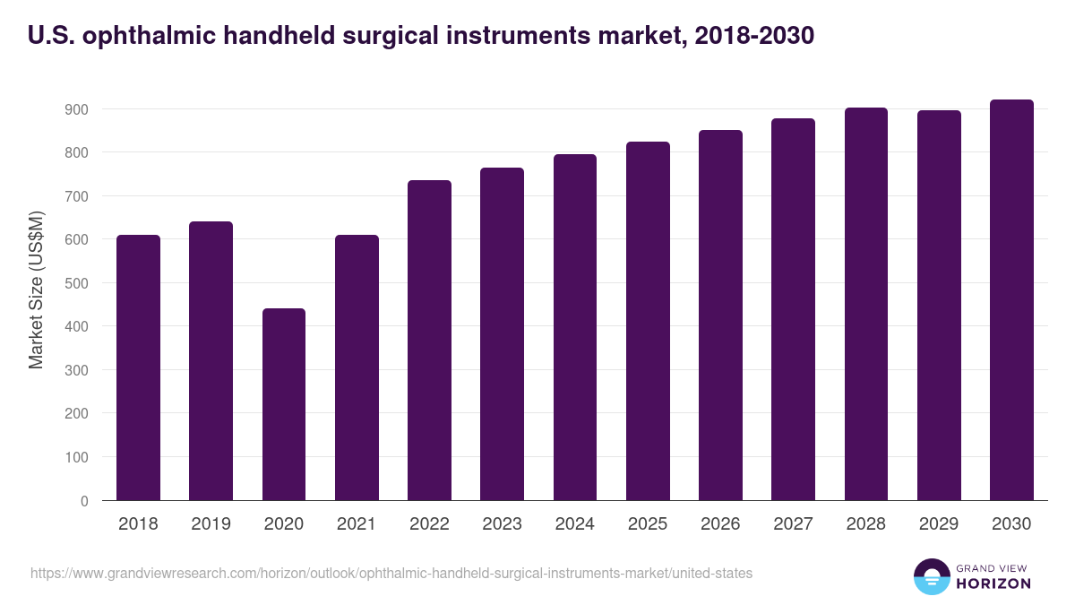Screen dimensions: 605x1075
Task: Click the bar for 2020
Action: coord(284,404)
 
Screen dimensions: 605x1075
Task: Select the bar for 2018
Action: coord(138,367)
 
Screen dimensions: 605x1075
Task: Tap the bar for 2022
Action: coord(429,341)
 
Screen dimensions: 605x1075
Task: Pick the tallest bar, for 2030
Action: coord(1011,300)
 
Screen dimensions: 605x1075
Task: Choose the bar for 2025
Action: coord(648,321)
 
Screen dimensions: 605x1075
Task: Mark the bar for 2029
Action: coord(939,306)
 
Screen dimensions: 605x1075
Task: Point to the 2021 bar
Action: coord(357,367)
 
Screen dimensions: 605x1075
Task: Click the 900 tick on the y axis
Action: coord(77,109)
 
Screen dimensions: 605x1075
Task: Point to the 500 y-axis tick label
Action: coord(77,283)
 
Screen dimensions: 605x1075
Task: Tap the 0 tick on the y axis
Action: coord(84,501)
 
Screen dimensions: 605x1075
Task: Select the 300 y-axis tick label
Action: coord(77,370)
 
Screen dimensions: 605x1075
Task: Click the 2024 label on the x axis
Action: coord(574,524)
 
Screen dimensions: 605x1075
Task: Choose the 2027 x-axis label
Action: coord(793,524)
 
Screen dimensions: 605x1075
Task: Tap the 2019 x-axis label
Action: coord(211,524)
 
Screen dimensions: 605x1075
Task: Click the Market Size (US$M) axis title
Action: coord(36,290)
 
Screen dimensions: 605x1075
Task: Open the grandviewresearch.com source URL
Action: coord(391,573)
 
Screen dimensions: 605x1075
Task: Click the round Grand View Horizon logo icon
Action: coord(931,576)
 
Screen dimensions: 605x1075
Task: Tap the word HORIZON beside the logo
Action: coord(993,583)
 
